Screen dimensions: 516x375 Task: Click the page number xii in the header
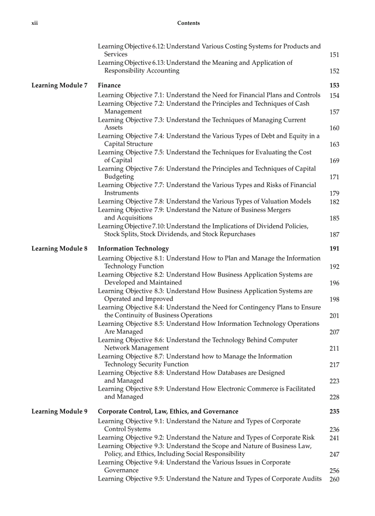pos(34,23)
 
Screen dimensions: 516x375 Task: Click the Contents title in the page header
pos(188,23)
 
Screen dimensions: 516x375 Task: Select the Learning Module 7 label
pos(59,85)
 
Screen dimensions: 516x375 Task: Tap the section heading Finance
pos(109,85)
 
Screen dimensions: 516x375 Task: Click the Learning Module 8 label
pos(59,249)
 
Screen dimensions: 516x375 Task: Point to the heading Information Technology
pos(127,249)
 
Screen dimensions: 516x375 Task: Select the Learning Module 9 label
pos(59,412)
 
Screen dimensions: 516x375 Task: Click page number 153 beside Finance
pos(334,85)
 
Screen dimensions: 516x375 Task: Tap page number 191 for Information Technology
pos(334,249)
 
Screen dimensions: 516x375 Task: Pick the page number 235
pos(334,412)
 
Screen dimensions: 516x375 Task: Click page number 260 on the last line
pos(334,479)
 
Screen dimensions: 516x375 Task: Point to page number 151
pos(334,55)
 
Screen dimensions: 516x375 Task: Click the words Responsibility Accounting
pos(142,71)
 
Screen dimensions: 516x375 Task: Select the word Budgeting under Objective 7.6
pos(119,176)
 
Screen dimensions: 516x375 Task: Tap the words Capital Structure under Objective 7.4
pos(128,144)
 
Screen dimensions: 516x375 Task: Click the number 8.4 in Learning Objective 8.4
pos(158,307)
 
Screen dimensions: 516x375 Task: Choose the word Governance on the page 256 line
pos(121,471)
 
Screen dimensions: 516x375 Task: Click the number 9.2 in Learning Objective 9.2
pos(158,438)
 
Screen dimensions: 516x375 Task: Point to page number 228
pos(334,397)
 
